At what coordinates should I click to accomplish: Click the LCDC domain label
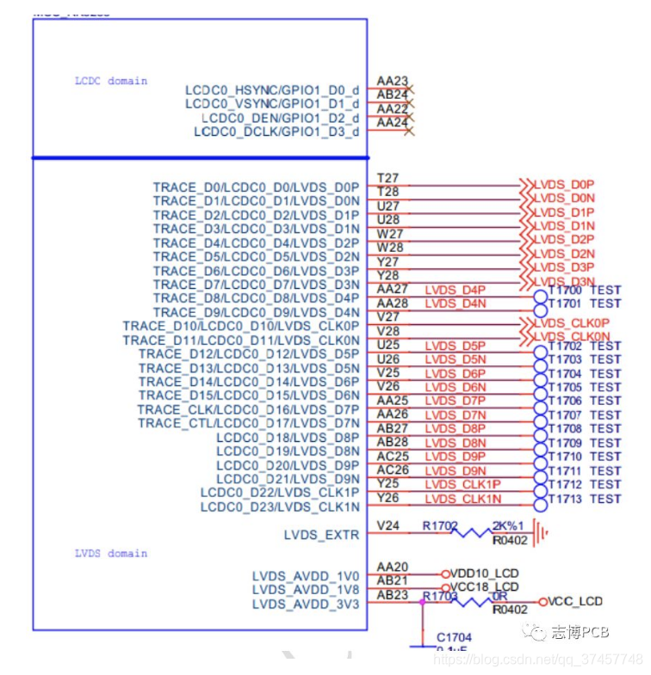[x=111, y=81]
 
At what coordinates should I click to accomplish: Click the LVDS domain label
[x=111, y=554]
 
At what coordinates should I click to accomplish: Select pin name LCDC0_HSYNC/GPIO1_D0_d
[x=272, y=90]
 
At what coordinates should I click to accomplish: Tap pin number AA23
[x=392, y=82]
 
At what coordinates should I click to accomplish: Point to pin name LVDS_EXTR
[x=321, y=535]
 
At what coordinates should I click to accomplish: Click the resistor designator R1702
[x=440, y=525]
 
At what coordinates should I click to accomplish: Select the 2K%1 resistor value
[x=508, y=525]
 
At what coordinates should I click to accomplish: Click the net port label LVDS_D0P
[x=564, y=184]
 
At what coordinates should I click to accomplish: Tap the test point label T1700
[x=565, y=291]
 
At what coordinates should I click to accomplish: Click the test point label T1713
[x=565, y=499]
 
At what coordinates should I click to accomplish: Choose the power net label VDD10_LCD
[x=485, y=574]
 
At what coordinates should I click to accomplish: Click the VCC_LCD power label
[x=575, y=601]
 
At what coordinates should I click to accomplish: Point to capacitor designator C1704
[x=454, y=637]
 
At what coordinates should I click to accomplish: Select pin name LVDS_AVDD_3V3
[x=306, y=604]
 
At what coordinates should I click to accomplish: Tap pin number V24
[x=388, y=525]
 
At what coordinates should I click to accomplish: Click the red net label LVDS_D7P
[x=456, y=401]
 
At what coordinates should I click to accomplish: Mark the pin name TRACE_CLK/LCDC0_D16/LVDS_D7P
[x=248, y=409]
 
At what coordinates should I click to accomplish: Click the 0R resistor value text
[x=501, y=595]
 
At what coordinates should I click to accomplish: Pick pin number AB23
[x=392, y=595]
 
